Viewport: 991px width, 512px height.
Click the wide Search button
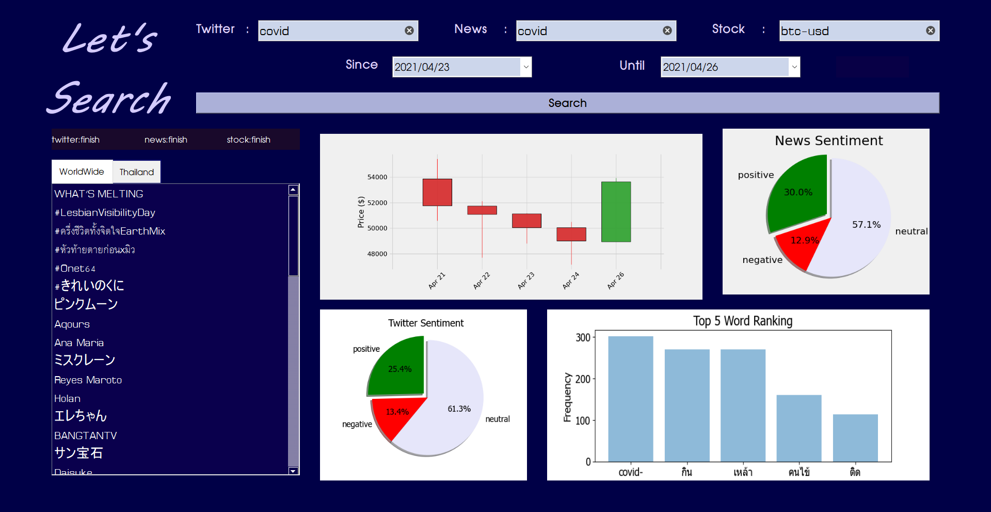point(567,103)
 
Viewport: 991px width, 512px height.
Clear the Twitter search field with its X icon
point(409,30)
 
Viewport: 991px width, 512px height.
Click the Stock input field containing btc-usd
point(852,31)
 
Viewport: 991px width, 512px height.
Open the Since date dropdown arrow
point(525,67)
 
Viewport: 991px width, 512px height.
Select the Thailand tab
point(136,172)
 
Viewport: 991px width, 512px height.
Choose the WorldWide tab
point(82,172)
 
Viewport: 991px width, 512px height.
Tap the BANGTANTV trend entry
point(86,436)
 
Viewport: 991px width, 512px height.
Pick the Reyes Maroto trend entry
point(88,380)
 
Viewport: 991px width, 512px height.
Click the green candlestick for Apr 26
point(616,212)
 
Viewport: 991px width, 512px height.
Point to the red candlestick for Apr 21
point(437,192)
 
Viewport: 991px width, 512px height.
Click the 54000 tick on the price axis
point(377,177)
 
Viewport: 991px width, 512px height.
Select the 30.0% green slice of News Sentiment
point(798,192)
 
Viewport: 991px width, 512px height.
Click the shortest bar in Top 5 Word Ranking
point(855,438)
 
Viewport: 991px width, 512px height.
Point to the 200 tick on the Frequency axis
point(583,379)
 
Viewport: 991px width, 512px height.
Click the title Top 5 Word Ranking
point(742,321)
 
